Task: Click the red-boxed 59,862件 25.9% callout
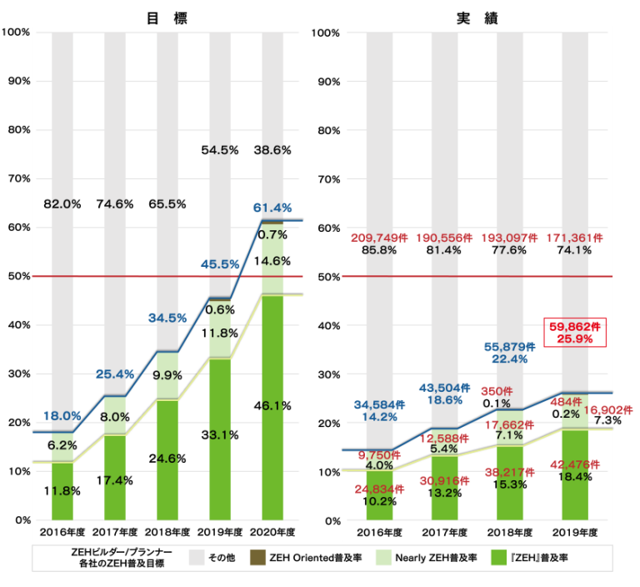pyautogui.click(x=574, y=333)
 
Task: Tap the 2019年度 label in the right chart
pyautogui.click(x=574, y=531)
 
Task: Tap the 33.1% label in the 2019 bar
pyautogui.click(x=220, y=434)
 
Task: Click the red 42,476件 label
pyautogui.click(x=574, y=464)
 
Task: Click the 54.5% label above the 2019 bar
pyautogui.click(x=220, y=150)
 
